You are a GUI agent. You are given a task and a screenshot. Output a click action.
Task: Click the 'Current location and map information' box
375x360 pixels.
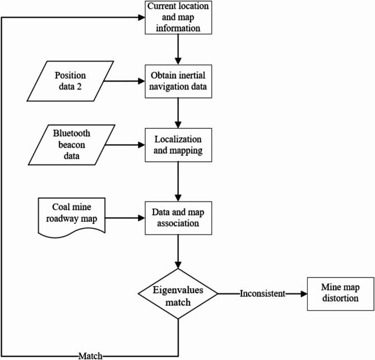pos(178,17)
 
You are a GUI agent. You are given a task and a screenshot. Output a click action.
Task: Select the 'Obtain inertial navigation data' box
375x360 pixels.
pos(178,82)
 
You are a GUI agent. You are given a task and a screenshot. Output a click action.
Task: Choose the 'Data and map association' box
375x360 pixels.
pos(178,216)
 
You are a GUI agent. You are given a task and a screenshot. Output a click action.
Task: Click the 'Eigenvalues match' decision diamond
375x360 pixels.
pos(178,293)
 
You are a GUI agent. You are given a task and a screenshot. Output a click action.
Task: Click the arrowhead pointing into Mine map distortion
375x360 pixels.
pos(303,293)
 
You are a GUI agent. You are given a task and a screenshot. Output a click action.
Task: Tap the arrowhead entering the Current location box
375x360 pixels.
pos(140,17)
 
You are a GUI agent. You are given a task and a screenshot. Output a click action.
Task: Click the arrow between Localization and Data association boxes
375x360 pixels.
pos(178,181)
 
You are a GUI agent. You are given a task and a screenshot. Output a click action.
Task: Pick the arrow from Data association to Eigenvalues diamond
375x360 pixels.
pos(178,250)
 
